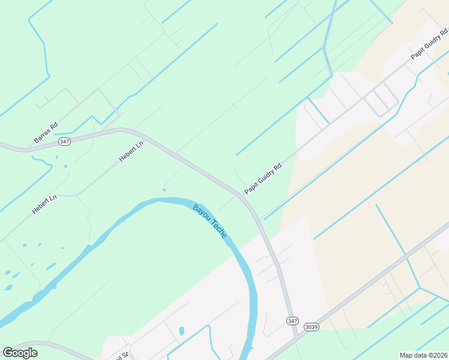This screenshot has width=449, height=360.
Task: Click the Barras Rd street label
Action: click(x=46, y=133)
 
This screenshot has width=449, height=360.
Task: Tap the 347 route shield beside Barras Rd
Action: click(x=65, y=142)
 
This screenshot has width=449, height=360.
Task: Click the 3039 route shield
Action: click(x=311, y=327)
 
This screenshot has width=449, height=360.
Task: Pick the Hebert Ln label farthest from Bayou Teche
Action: click(x=131, y=151)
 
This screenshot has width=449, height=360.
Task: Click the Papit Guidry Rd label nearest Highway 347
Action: click(x=263, y=179)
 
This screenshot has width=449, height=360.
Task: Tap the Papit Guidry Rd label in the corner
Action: click(x=429, y=43)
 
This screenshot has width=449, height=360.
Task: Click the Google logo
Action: click(x=20, y=353)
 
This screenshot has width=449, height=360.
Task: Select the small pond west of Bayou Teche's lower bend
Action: click(x=181, y=331)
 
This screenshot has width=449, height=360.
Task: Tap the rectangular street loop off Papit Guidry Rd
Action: click(x=382, y=98)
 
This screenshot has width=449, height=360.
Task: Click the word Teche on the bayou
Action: click(x=218, y=229)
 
